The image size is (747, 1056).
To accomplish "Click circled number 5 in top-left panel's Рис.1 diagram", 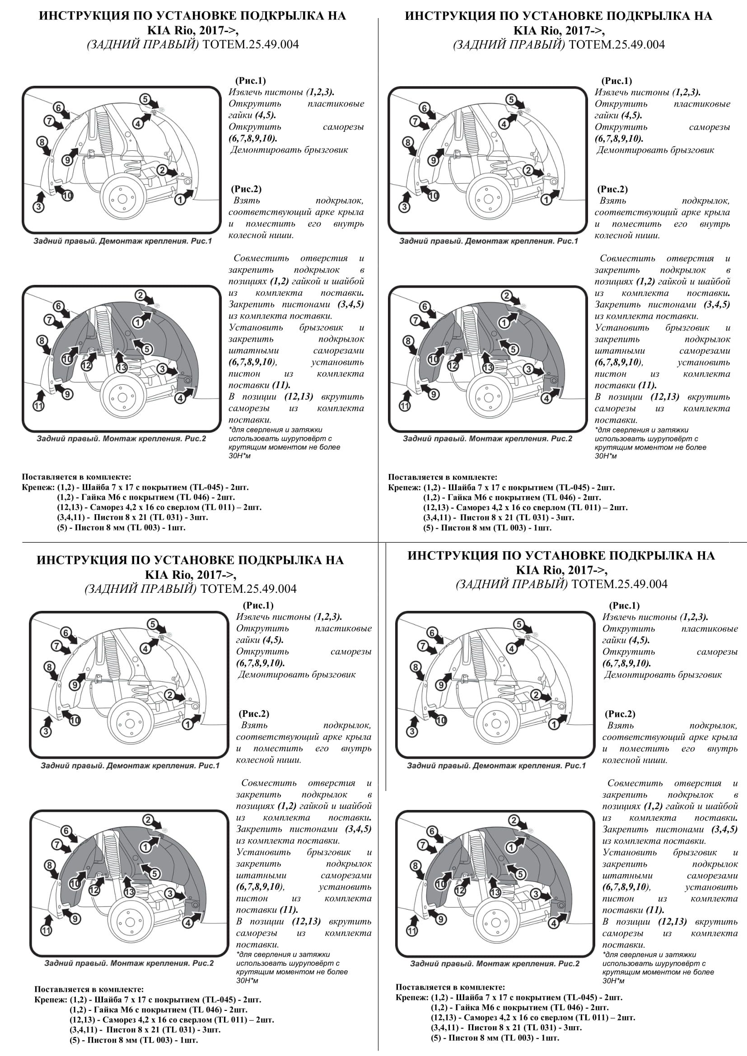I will pyautogui.click(x=145, y=99).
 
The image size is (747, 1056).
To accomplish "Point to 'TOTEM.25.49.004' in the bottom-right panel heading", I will pyautogui.click(x=618, y=584).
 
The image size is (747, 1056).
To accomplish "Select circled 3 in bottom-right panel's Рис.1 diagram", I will pyautogui.click(x=412, y=731).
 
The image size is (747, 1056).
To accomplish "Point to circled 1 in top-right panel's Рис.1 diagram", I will pyautogui.click(x=546, y=199).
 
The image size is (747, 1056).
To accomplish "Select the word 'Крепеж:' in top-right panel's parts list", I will pyautogui.click(x=404, y=488).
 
